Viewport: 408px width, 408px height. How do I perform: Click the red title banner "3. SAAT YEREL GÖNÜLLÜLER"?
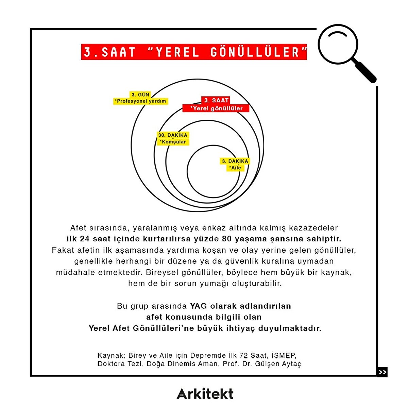pos(194,52)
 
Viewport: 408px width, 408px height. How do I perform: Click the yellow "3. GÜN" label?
pos(140,95)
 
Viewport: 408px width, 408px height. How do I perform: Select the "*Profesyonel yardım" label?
pos(140,101)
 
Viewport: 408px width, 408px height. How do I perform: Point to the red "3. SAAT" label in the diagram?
pos(216,100)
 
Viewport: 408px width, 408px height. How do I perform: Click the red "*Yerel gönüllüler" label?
pos(216,108)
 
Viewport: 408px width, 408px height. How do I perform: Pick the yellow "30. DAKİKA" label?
pos(173,135)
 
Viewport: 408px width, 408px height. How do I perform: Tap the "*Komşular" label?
pos(173,142)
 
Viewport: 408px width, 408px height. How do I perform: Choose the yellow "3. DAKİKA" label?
pos(235,161)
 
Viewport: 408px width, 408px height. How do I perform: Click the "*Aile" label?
pos(235,168)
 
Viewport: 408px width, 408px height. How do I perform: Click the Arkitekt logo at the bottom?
pos(205,394)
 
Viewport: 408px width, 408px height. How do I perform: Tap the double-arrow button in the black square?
pos(382,372)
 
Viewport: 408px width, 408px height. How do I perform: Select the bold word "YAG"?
pos(198,306)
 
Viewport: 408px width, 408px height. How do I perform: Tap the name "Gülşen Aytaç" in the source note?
pos(278,364)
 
